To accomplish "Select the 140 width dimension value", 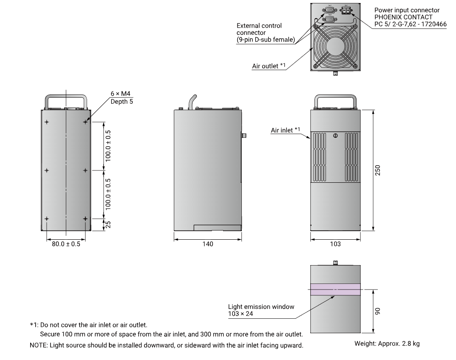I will [x=208, y=244].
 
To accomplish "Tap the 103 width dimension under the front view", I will [x=335, y=244].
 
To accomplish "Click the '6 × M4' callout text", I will [x=118, y=94].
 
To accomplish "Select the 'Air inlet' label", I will [x=282, y=130].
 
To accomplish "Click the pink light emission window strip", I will [x=335, y=289].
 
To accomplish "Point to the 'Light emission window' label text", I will [x=261, y=306].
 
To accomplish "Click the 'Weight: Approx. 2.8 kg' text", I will [x=387, y=343].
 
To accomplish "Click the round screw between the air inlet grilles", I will [x=335, y=136].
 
